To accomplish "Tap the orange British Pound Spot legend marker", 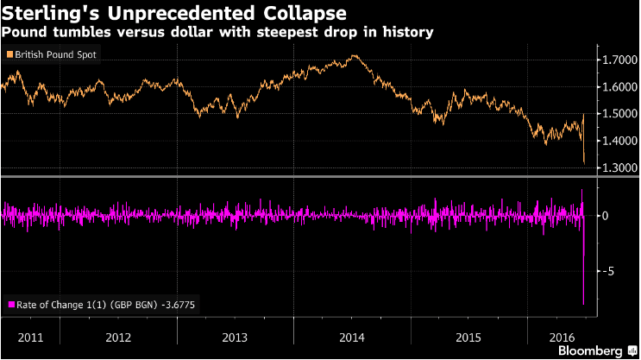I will (x=9, y=54).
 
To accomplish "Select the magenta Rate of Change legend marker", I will (x=10, y=304).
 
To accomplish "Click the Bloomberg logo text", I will (x=592, y=351).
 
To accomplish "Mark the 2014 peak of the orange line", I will (x=355, y=56).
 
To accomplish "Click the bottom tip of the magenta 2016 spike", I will (x=584, y=304).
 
